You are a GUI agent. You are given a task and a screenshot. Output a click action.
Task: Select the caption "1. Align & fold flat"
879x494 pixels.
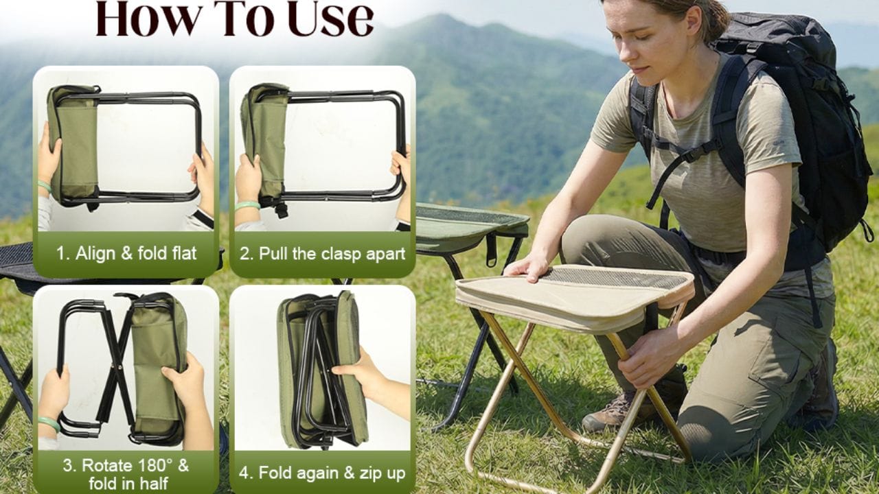[126, 253]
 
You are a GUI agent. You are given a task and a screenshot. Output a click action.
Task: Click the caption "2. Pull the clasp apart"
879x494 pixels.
[323, 254]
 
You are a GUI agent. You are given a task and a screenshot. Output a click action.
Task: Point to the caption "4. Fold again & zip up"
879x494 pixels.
[322, 473]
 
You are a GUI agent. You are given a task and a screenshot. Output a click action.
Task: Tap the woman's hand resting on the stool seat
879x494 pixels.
[526, 268]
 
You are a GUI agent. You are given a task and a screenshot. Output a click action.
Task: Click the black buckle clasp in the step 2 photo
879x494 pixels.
[281, 210]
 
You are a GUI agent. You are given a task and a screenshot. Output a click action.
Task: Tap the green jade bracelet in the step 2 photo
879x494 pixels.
[248, 205]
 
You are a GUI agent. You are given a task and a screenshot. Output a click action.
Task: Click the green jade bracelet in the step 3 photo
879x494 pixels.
[49, 423]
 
